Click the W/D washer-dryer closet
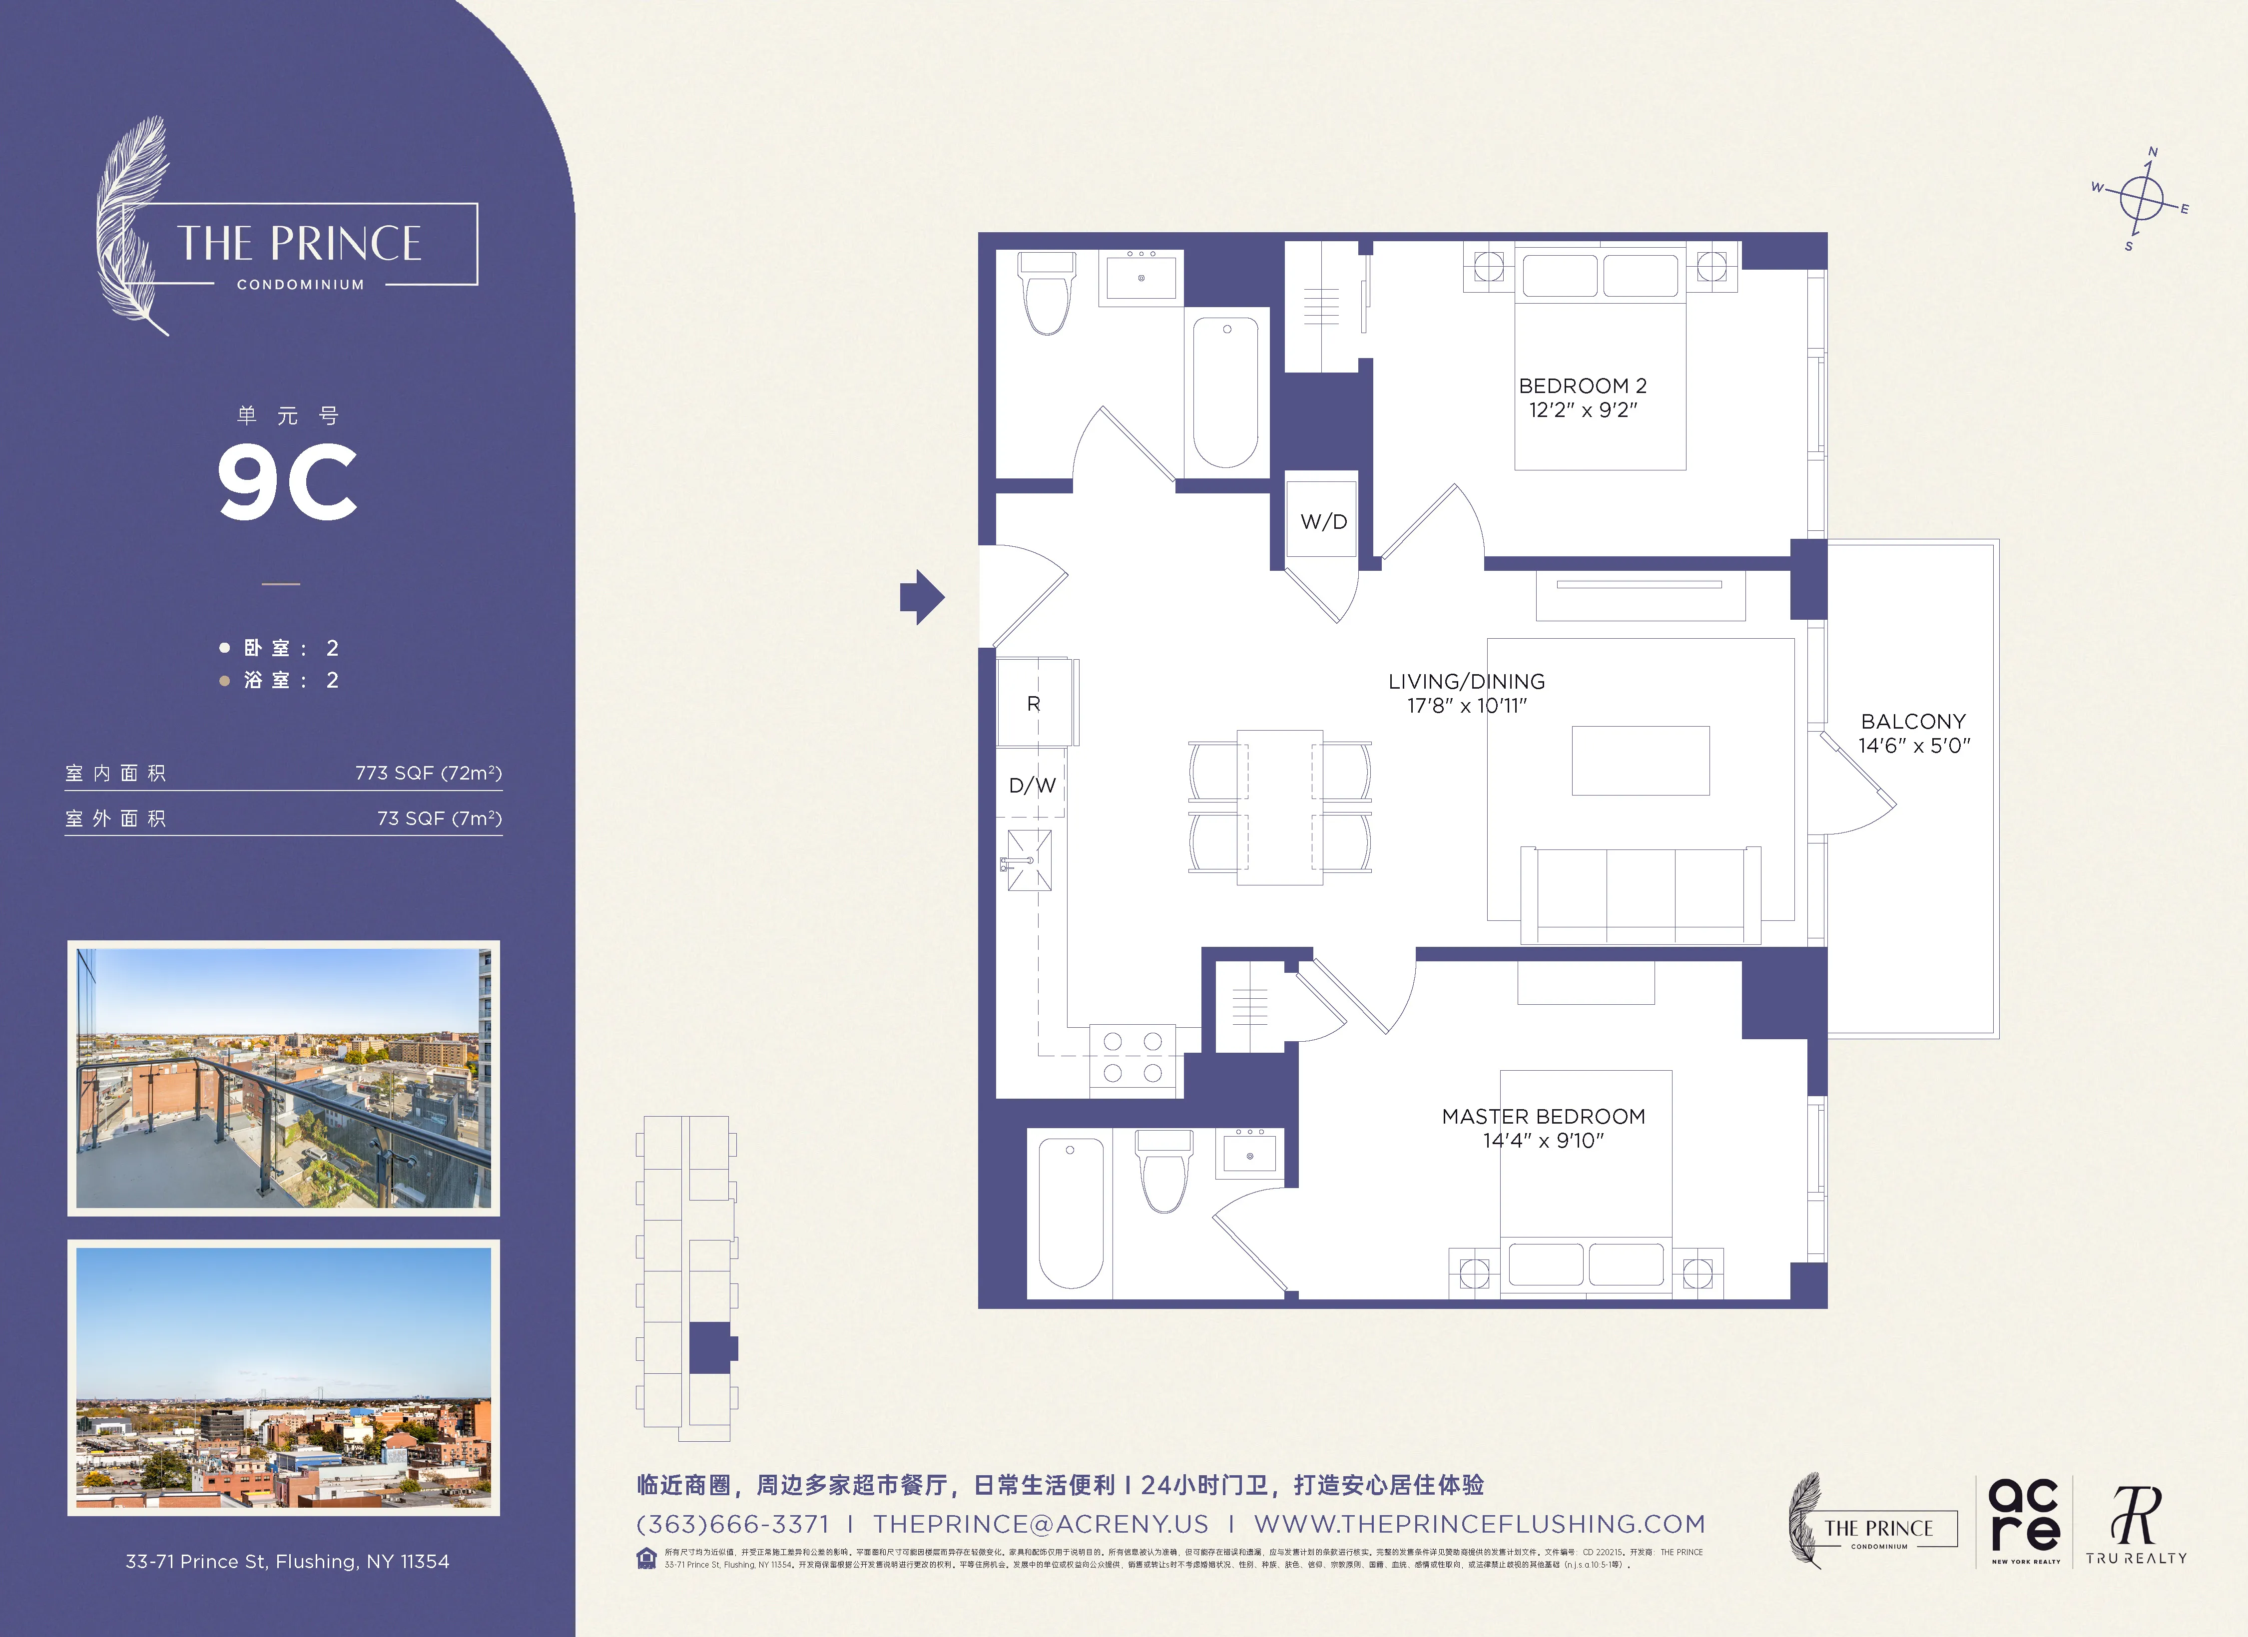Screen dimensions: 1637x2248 1323,521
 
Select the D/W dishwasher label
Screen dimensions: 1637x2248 1032,785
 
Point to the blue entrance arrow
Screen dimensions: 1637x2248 922,597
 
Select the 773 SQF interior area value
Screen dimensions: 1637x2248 428,773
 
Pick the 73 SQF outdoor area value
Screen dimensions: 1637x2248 439,818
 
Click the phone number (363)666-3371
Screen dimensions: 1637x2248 732,1524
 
